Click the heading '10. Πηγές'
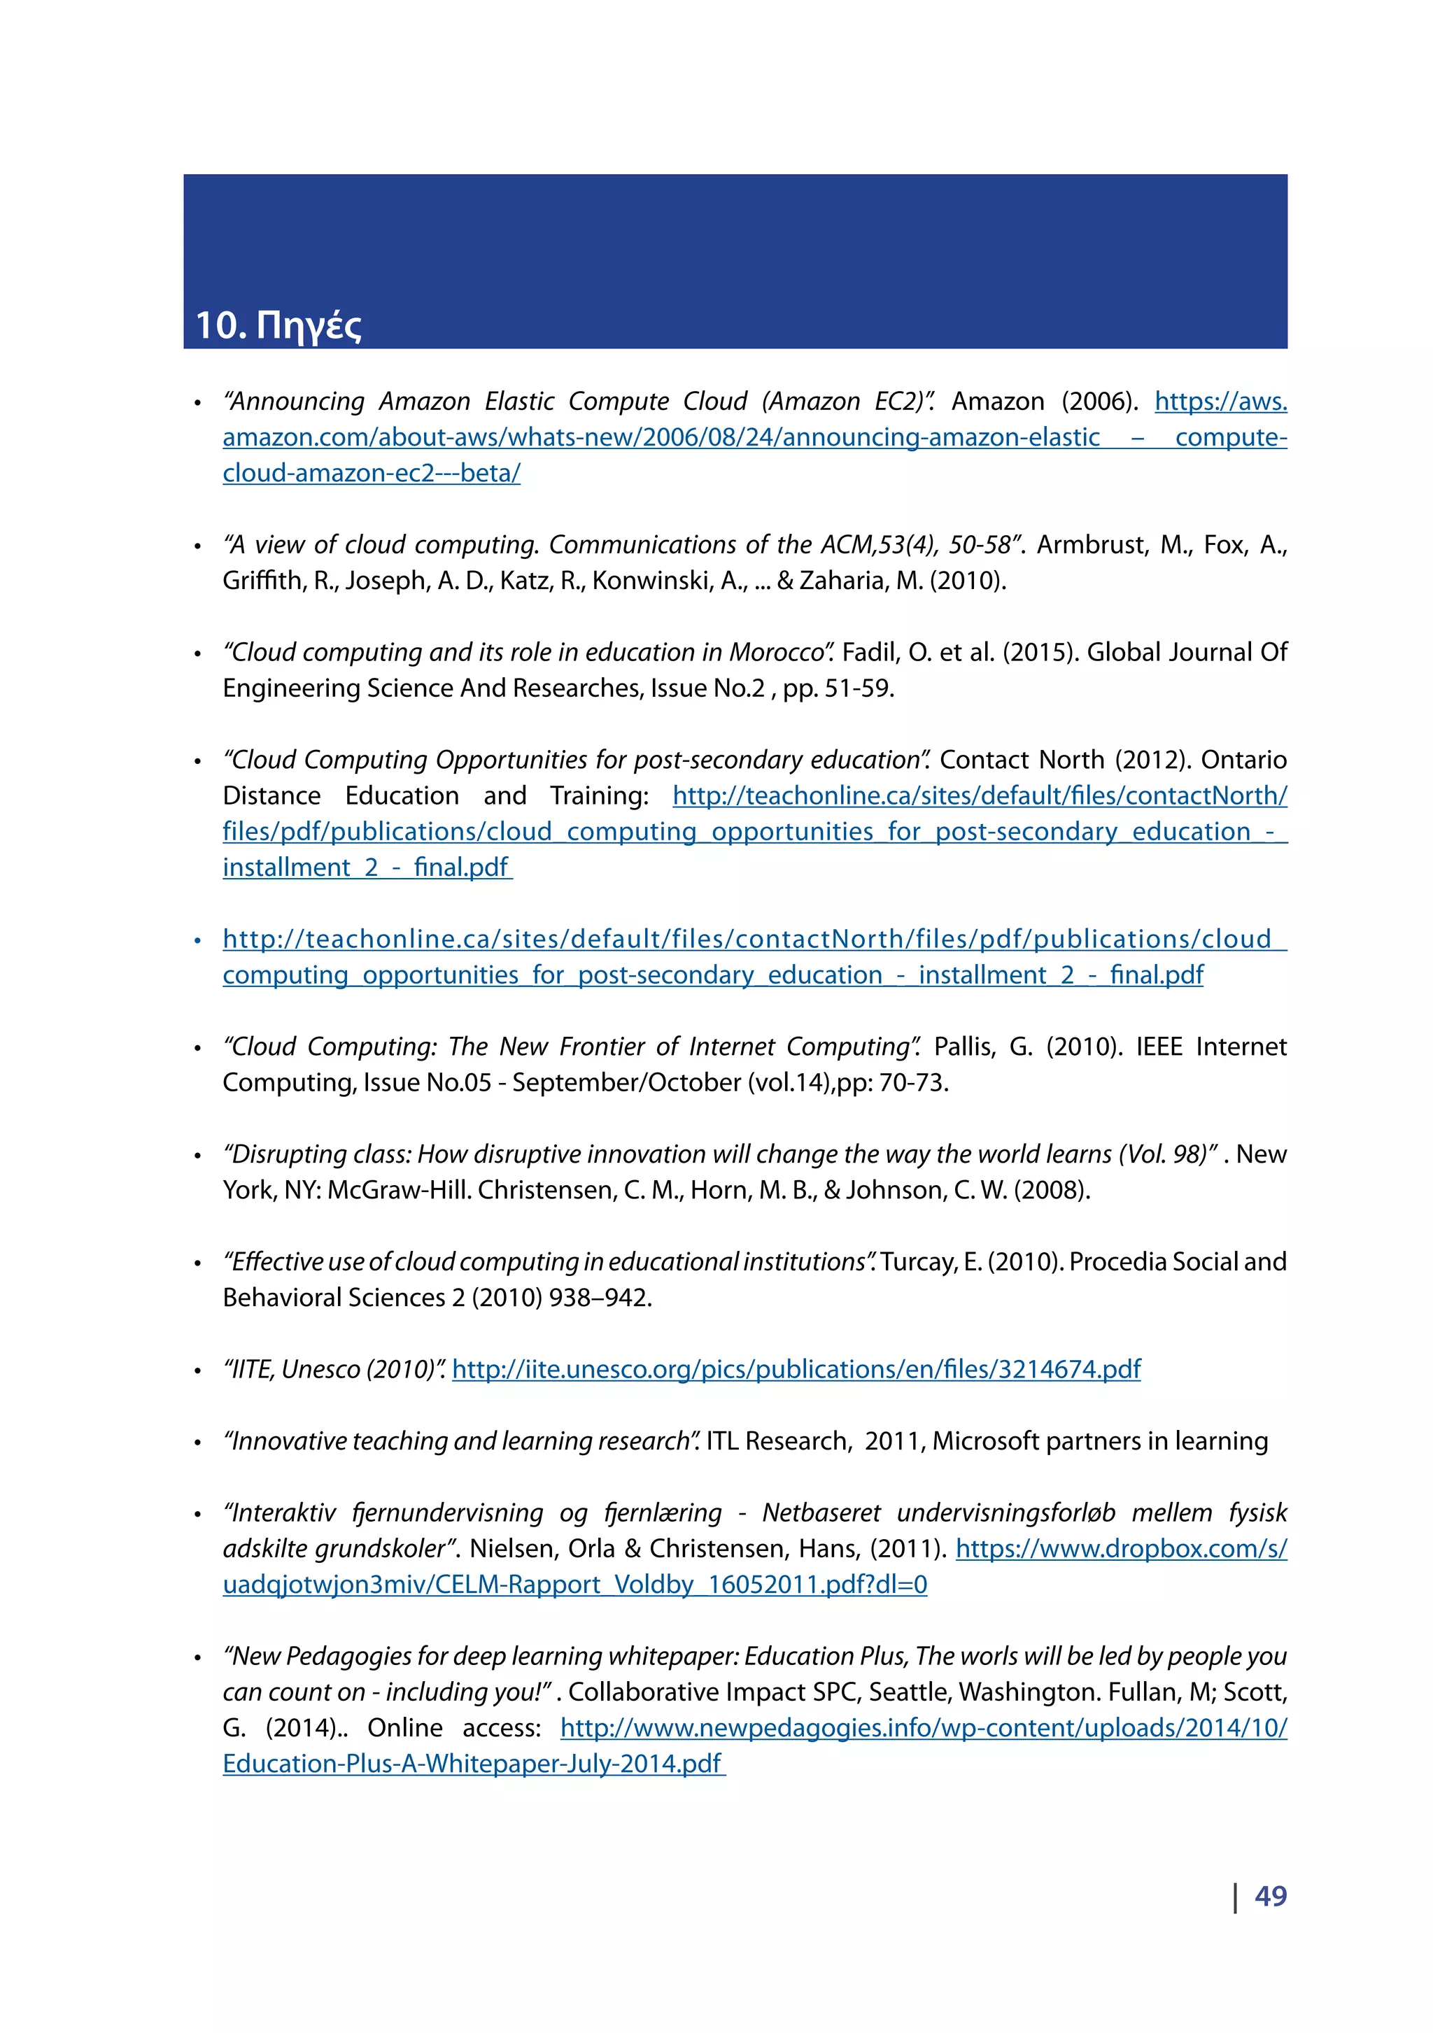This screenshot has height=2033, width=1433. tap(277, 325)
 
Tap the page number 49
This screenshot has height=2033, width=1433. tap(1270, 1895)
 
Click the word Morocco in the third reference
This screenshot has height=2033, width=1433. tap(777, 653)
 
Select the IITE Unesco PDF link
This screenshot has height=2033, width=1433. tap(796, 1369)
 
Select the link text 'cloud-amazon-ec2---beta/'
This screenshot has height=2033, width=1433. tap(371, 474)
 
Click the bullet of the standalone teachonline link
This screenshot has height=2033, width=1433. tap(197, 940)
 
